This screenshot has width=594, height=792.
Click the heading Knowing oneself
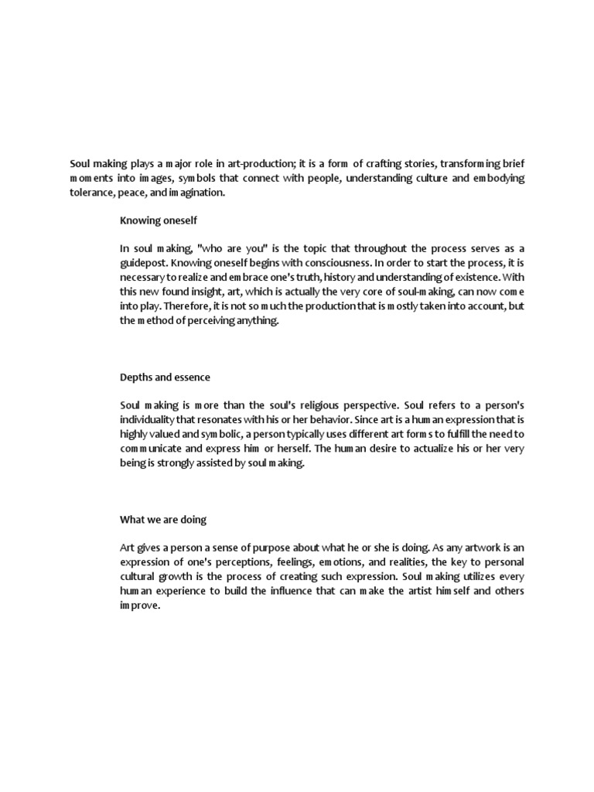coord(157,220)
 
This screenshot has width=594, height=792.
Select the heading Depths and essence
coord(165,377)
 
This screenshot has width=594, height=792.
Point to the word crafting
coord(374,164)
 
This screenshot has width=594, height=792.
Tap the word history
coord(348,276)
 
